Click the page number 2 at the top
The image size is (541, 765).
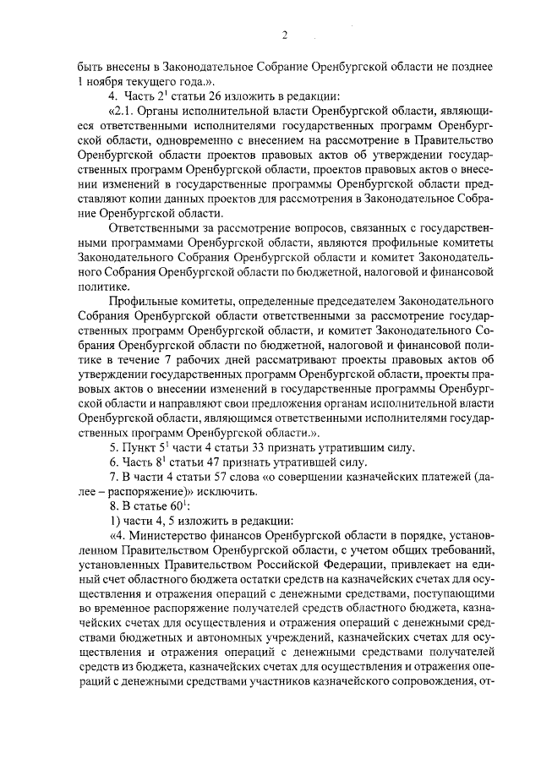click(285, 35)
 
